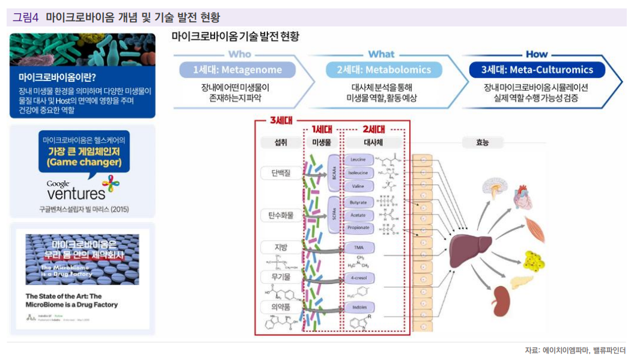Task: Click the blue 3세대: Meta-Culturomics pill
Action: [537, 70]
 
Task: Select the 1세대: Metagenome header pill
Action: [237, 70]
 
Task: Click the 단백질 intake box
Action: [280, 173]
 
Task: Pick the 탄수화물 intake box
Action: [280, 215]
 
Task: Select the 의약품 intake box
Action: [280, 306]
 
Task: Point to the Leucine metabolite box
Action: [358, 160]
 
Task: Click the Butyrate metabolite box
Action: [358, 203]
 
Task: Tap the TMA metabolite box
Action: [358, 247]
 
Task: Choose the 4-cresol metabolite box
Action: [358, 278]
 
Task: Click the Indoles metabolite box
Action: [358, 307]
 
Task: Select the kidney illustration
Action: [502, 298]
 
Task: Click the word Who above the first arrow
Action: [239, 55]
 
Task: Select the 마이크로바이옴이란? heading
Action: [57, 77]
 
